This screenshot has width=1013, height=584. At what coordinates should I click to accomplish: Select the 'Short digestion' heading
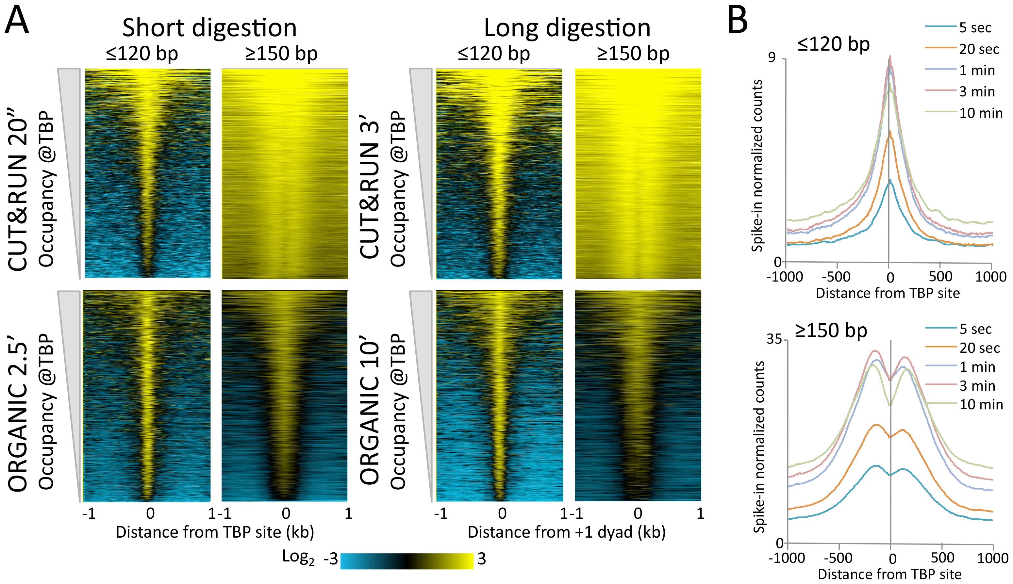[209, 28]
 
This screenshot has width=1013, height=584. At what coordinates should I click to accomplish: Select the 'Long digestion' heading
[567, 28]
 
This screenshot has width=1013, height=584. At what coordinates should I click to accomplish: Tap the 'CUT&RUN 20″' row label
[18, 195]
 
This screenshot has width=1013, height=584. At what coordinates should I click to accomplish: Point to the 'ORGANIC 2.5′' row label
[18, 417]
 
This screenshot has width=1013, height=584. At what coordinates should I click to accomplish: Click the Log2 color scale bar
[407, 561]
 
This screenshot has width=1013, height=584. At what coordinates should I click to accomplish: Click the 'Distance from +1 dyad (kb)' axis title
[567, 532]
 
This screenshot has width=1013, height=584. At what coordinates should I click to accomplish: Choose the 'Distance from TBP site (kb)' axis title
[215, 532]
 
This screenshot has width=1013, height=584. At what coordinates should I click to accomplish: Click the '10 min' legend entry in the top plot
[981, 113]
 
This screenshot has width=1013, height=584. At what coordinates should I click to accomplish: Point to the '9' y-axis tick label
[772, 58]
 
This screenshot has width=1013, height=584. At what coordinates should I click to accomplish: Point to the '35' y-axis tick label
[774, 339]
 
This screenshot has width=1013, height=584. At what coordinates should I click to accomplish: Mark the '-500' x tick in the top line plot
[837, 277]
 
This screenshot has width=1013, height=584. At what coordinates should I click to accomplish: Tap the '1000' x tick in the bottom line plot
[992, 558]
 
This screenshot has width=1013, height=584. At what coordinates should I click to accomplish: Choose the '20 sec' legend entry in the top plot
[979, 49]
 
